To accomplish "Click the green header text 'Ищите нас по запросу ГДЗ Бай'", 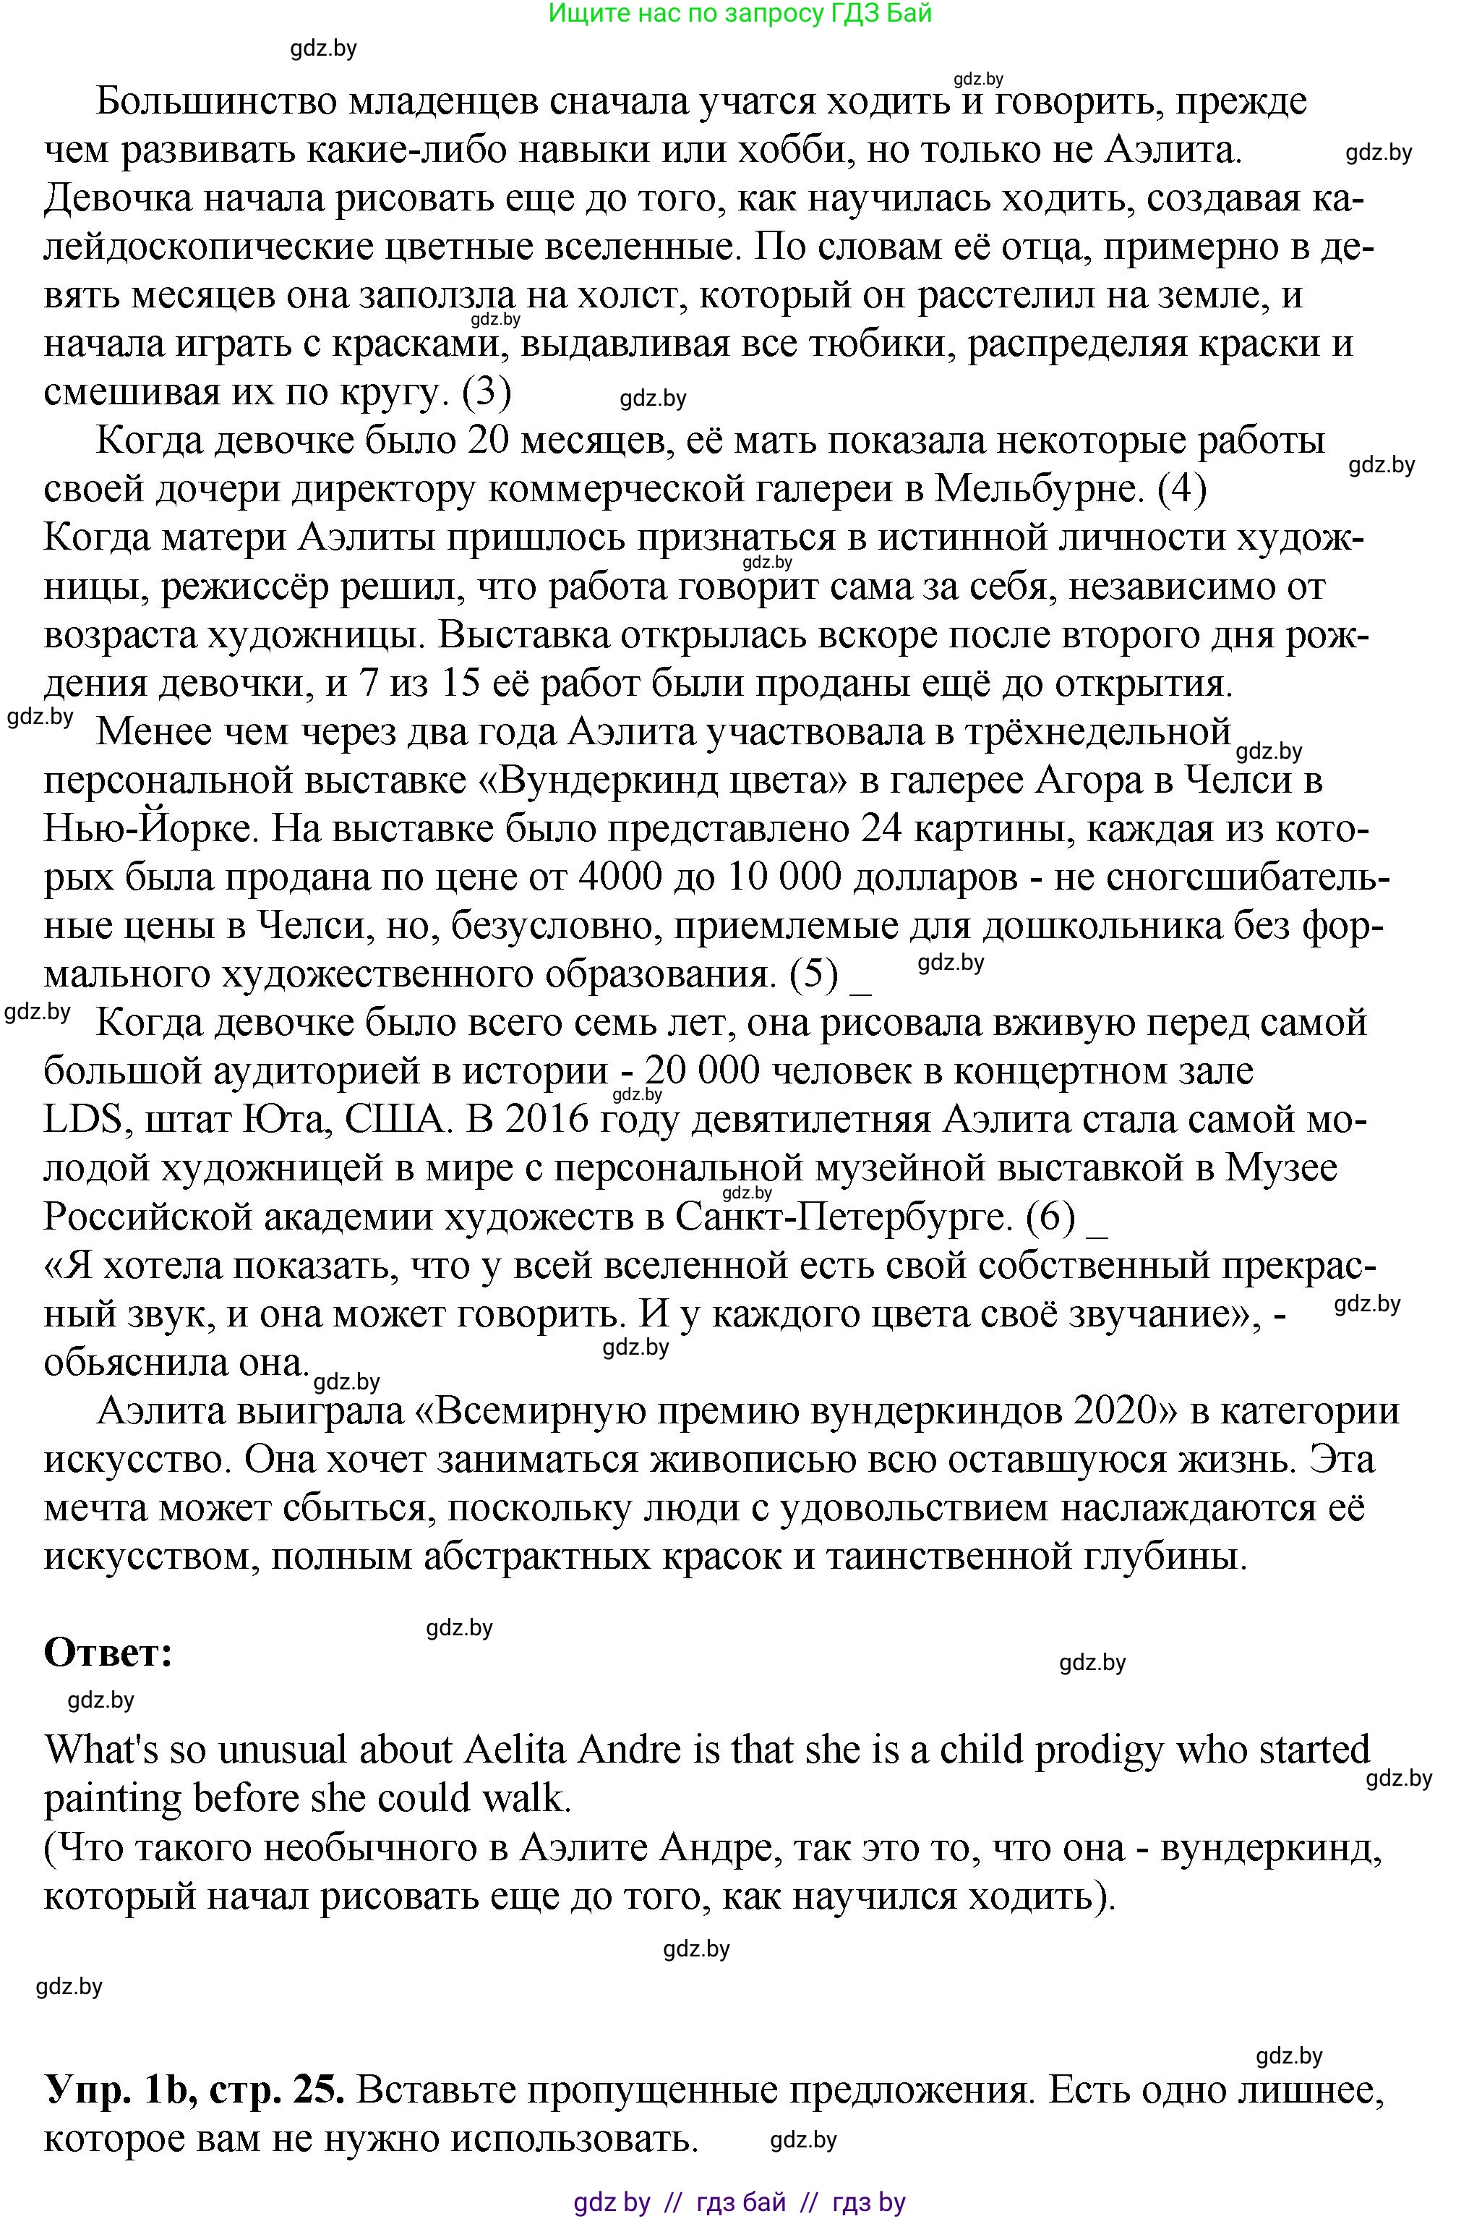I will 740,13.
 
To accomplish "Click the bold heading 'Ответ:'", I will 108,1653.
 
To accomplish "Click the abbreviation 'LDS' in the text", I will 84,1120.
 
